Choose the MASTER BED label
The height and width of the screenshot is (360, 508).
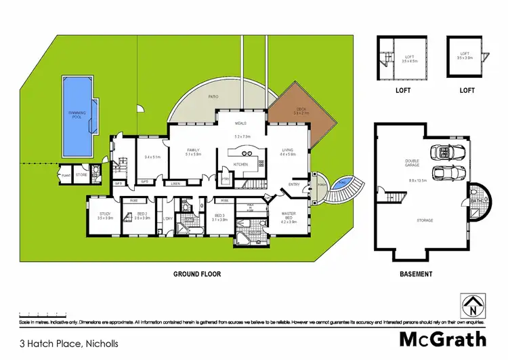[289, 216]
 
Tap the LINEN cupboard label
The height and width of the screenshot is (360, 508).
[175, 184]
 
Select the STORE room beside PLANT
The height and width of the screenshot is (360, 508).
[81, 175]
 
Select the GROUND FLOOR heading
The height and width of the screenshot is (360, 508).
[197, 275]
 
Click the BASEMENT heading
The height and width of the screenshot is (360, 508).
[415, 275]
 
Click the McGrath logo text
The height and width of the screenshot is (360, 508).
[441, 338]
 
